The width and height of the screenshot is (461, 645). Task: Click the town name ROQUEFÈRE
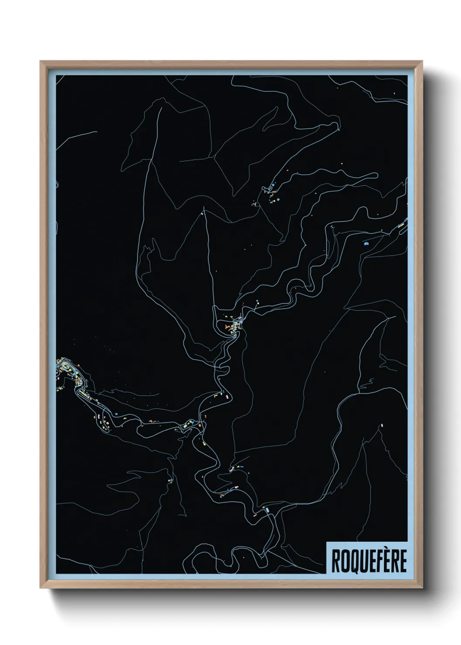click(x=369, y=560)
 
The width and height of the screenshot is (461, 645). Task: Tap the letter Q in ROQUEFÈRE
click(x=352, y=561)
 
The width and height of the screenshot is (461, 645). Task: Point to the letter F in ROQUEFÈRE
click(x=377, y=561)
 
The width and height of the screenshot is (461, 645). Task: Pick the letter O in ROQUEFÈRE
click(x=343, y=561)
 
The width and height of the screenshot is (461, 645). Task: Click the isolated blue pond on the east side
click(x=366, y=244)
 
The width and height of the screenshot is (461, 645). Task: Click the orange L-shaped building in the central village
click(x=227, y=326)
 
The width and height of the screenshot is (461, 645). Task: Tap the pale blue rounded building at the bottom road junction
click(x=267, y=509)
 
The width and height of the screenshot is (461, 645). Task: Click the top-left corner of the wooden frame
click(x=41, y=61)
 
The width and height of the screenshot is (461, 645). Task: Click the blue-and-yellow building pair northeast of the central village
click(x=258, y=301)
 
